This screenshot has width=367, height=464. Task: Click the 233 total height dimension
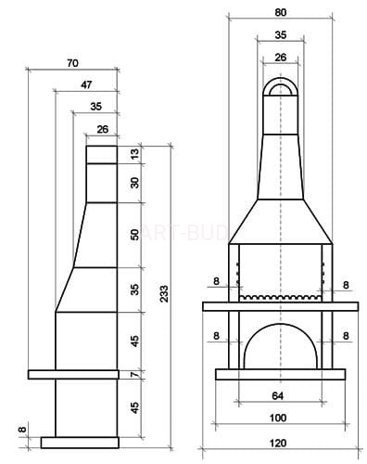point(164,294)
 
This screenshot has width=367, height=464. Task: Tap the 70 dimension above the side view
point(72,63)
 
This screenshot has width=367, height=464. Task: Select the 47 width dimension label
point(86,84)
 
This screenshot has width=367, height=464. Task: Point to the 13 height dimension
point(135,154)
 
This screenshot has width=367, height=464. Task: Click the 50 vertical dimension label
point(135,235)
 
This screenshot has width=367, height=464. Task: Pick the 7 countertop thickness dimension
point(135,374)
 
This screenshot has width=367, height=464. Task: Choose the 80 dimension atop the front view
point(280,12)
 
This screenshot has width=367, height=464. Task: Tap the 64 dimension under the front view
point(278,395)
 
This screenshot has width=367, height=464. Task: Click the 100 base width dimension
point(278,418)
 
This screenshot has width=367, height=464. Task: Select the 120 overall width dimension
point(278,443)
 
